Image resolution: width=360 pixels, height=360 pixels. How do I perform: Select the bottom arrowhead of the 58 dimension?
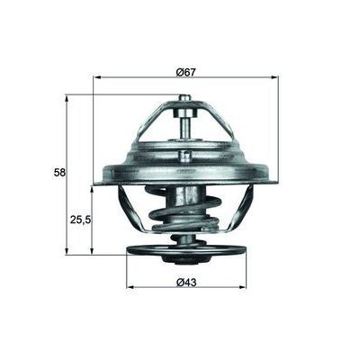coord(66,251)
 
